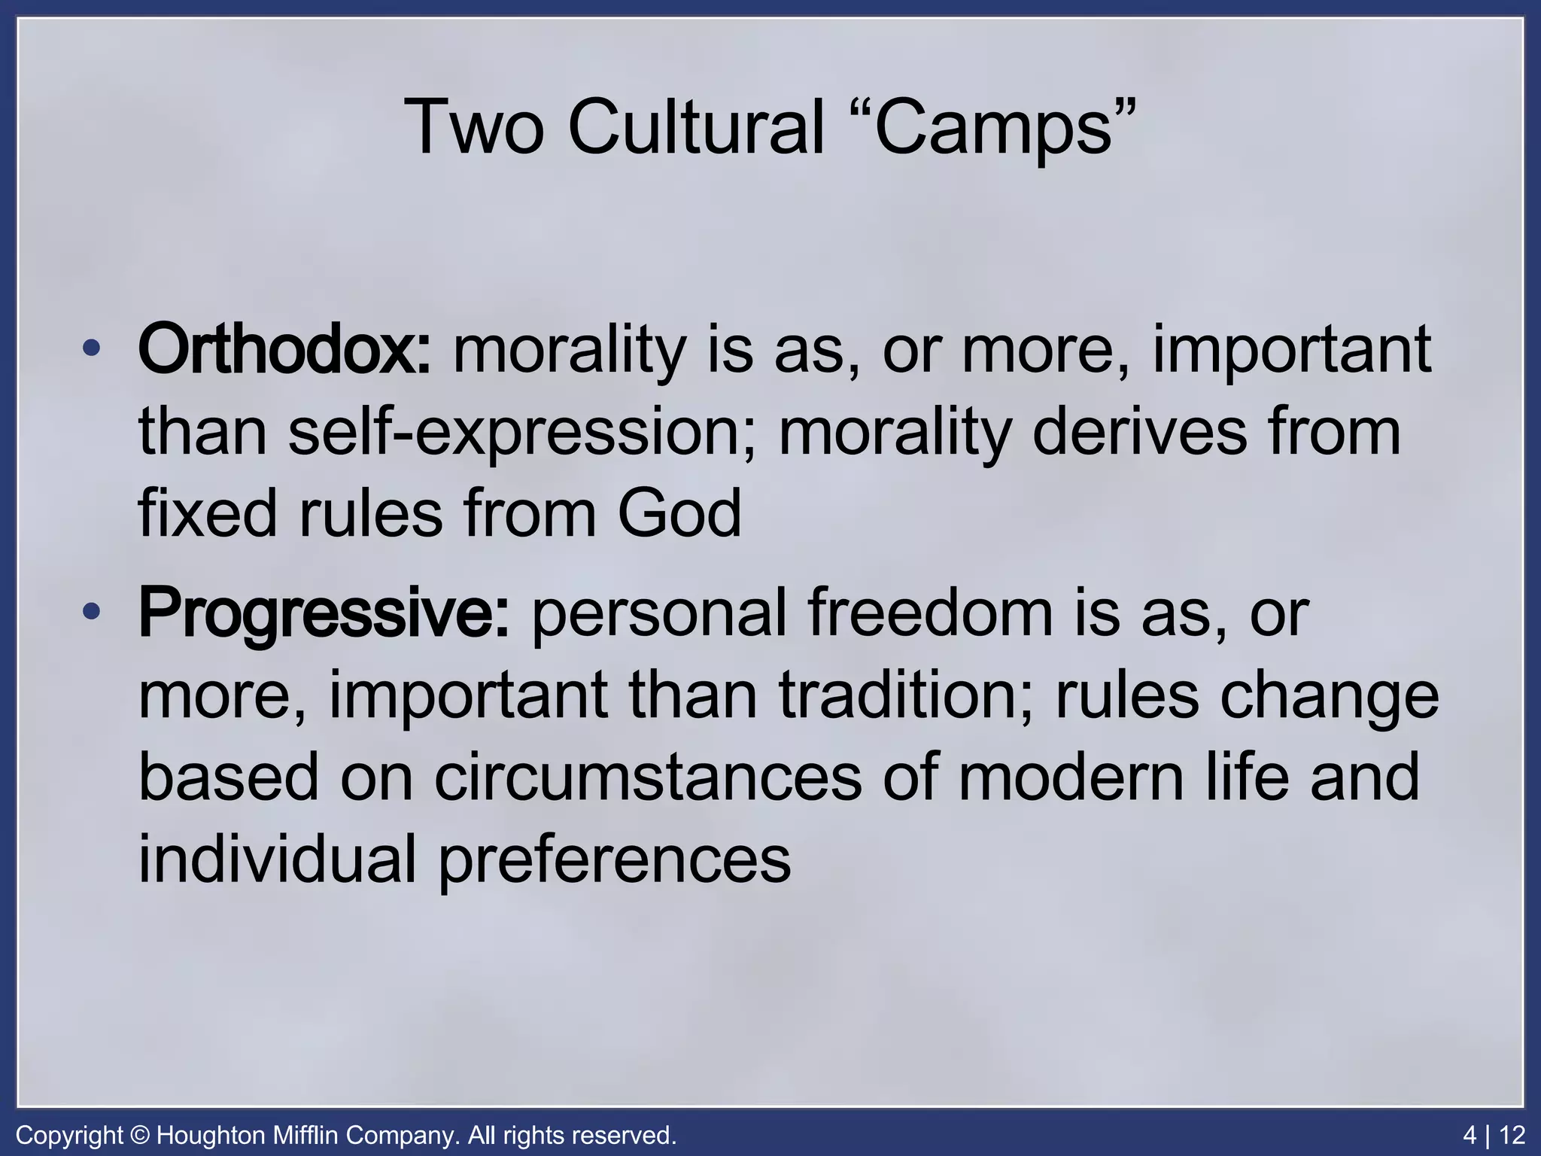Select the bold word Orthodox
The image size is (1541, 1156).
(x=284, y=350)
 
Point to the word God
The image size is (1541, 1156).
(x=679, y=513)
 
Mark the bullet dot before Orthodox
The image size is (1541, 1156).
(x=92, y=350)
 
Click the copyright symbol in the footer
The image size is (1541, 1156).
(x=140, y=1135)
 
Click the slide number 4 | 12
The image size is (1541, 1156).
(x=1494, y=1135)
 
